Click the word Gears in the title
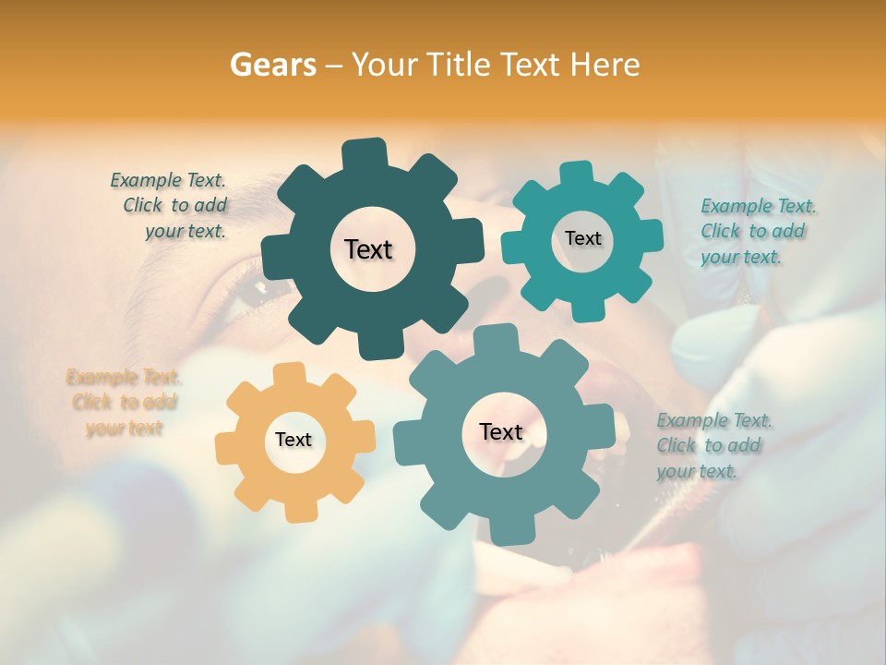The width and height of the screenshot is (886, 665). (x=270, y=65)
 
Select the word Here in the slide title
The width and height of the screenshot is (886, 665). (x=605, y=65)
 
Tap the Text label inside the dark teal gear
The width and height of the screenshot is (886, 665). (x=368, y=249)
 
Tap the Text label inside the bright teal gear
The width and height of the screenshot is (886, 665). (x=582, y=238)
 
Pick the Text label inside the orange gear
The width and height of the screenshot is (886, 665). (x=293, y=440)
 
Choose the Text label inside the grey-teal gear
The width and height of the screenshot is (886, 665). (x=501, y=431)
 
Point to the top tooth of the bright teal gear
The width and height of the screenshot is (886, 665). (x=577, y=174)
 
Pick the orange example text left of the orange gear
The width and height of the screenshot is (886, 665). (x=124, y=402)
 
